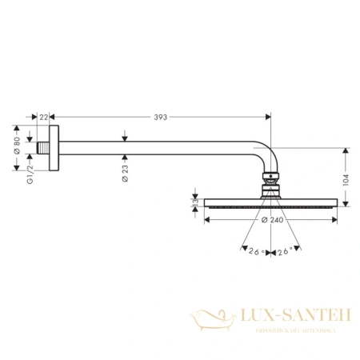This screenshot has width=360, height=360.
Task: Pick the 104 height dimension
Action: coord(346,182)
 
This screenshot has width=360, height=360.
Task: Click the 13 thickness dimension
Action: coord(195,206)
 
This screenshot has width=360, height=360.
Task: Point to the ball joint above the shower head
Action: coord(271,186)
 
